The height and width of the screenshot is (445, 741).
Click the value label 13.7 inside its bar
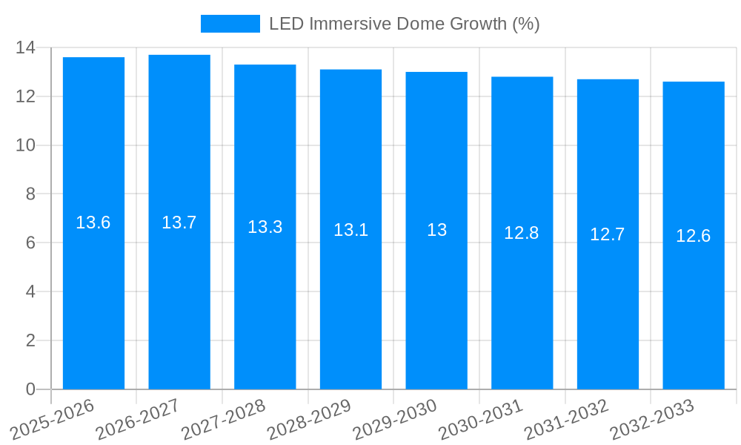[179, 222]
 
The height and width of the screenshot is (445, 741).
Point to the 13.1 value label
[350, 230]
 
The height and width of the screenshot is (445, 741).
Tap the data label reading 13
[436, 230]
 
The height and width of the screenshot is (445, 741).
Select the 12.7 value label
[607, 234]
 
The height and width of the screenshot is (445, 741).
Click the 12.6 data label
[693, 237]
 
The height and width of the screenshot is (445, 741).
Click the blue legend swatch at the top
[230, 24]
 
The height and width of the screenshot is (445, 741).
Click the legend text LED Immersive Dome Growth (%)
[404, 24]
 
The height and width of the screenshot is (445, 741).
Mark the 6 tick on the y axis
[30, 243]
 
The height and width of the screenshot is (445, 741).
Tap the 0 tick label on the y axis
[30, 389]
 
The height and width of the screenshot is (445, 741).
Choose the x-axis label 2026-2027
[138, 418]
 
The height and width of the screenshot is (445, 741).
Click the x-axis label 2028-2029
[309, 418]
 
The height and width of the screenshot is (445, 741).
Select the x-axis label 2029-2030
[395, 418]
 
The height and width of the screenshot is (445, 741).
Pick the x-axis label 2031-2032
[566, 418]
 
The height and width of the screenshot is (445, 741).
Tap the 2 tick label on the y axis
[30, 340]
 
